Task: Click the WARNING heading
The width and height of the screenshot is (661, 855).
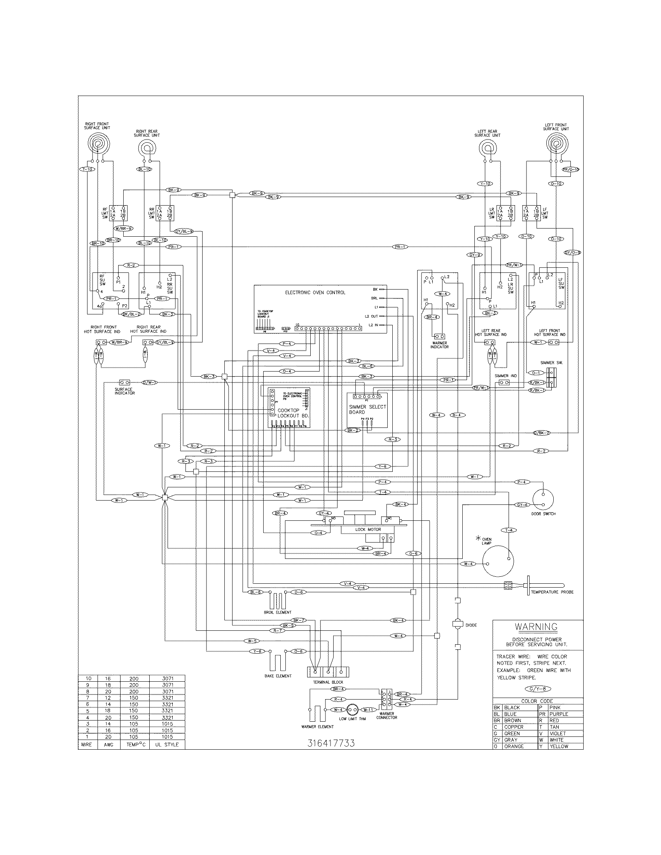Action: click(x=536, y=627)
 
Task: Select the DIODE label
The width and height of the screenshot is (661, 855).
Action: click(x=471, y=625)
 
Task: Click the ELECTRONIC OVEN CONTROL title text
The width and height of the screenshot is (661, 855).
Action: click(x=315, y=292)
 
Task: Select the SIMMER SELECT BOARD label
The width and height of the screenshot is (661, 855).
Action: click(x=367, y=409)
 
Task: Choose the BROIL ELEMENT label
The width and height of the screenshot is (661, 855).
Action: click(x=277, y=612)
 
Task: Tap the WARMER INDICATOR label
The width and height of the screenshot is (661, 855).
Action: click(x=439, y=345)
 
